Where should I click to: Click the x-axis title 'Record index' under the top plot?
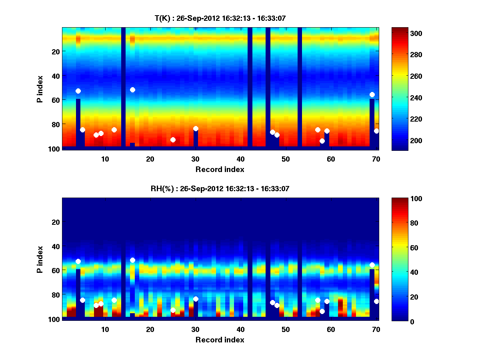pyautogui.click(x=220, y=169)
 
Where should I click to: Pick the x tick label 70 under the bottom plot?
pyautogui.click(x=376, y=329)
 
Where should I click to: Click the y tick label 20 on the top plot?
pyautogui.click(x=55, y=52)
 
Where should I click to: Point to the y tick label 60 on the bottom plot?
pyautogui.click(x=55, y=270)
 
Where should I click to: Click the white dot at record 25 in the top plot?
pyautogui.click(x=173, y=140)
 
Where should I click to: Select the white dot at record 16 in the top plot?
pyautogui.click(x=132, y=90)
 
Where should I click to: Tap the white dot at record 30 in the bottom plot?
pyautogui.click(x=196, y=299)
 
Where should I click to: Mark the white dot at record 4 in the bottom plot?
pyautogui.click(x=78, y=261)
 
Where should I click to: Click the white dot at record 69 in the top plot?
pyautogui.click(x=372, y=94)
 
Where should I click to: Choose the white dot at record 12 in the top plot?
pyautogui.click(x=114, y=130)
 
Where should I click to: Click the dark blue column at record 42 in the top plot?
pyautogui.click(x=250, y=88)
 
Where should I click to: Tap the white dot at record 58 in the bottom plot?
pyautogui.click(x=322, y=311)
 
